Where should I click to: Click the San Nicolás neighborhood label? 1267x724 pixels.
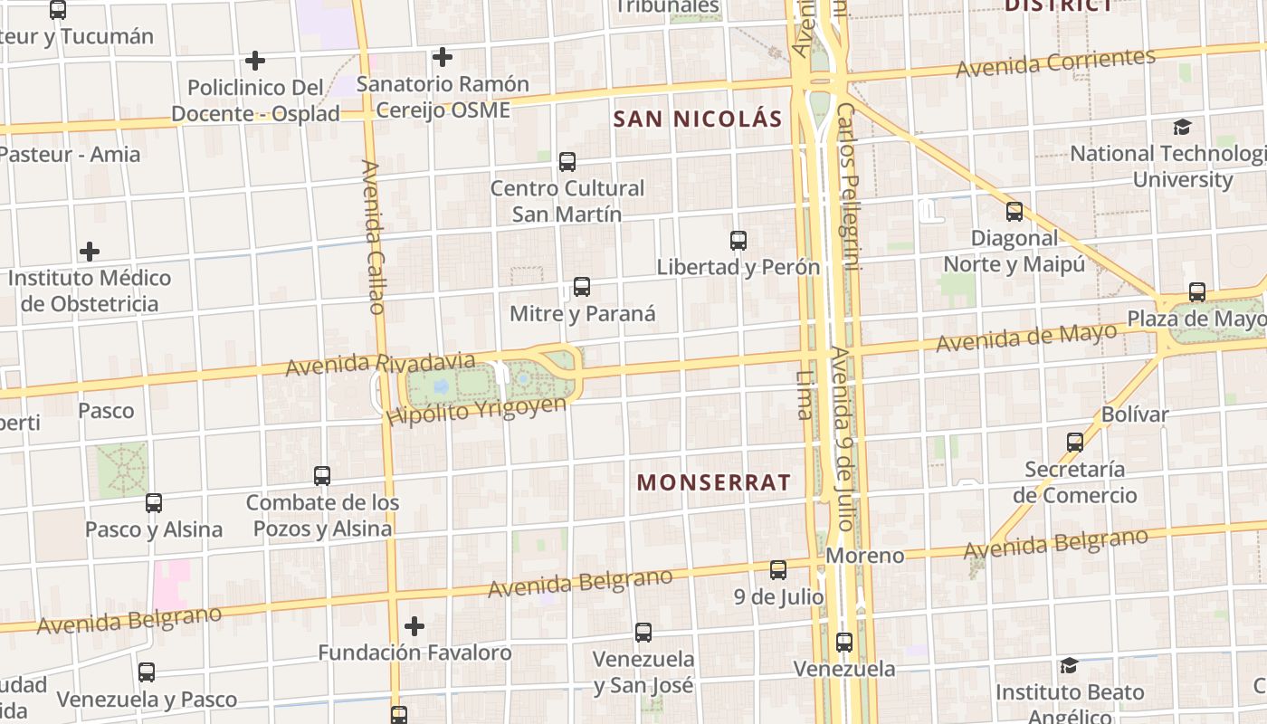click(697, 119)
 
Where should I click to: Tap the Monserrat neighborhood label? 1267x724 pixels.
click(713, 482)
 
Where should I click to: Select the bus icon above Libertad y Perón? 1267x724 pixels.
click(738, 241)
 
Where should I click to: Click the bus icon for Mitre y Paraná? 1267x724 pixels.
click(582, 287)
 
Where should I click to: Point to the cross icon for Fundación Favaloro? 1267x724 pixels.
click(414, 625)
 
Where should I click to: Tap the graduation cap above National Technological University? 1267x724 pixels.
click(1182, 127)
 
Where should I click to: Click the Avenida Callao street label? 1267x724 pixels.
click(372, 237)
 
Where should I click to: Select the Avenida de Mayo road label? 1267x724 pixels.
click(1025, 338)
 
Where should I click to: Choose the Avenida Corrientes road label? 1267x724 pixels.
click(1055, 63)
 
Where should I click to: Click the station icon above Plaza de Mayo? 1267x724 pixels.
click(1197, 292)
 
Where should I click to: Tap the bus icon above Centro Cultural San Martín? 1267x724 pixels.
click(567, 162)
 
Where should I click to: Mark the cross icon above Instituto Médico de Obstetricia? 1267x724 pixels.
click(90, 251)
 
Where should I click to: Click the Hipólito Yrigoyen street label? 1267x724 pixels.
click(476, 411)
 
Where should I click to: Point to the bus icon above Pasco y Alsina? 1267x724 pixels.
click(154, 502)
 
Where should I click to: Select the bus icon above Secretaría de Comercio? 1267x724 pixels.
click(1075, 443)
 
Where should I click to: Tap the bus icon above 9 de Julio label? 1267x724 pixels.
click(778, 570)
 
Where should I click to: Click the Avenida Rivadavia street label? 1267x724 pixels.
click(380, 364)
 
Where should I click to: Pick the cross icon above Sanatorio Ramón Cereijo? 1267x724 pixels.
click(442, 57)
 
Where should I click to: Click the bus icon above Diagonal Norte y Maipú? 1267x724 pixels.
click(1015, 212)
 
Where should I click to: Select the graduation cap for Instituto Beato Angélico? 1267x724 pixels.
click(1069, 665)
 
